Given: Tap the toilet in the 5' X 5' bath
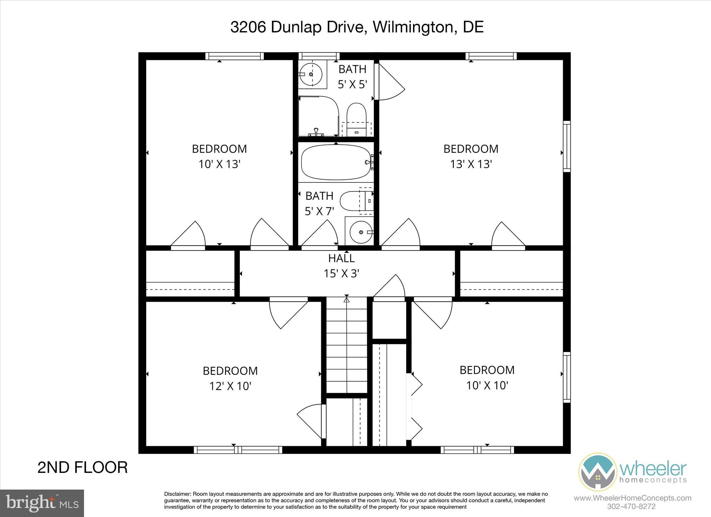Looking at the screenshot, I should [x=357, y=115].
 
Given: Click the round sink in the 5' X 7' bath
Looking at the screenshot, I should [x=361, y=232].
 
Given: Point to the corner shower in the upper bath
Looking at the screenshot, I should [x=318, y=116].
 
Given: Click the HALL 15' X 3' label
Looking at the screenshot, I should [x=341, y=266].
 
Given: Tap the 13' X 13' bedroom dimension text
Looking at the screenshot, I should [x=471, y=164].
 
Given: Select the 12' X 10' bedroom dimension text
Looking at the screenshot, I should [x=230, y=386].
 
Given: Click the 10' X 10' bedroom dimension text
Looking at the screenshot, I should [x=487, y=385].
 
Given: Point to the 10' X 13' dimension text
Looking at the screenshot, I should [x=219, y=164].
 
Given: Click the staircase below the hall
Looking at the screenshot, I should [x=346, y=345].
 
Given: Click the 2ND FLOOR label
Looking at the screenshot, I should [x=82, y=467].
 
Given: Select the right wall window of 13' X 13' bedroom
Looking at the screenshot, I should [x=567, y=146].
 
